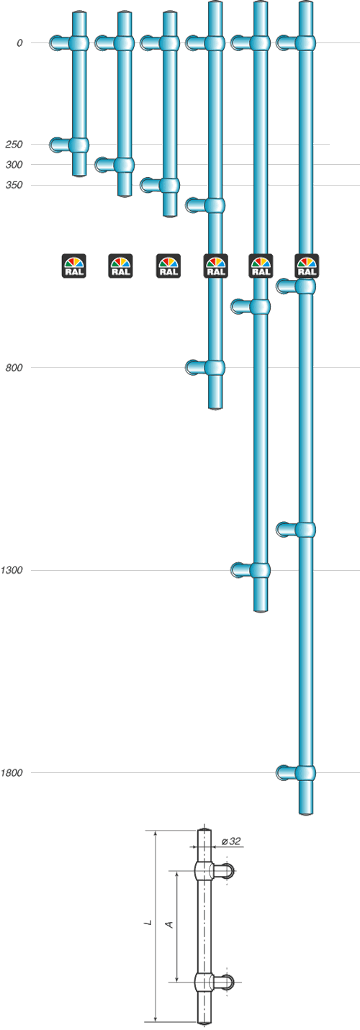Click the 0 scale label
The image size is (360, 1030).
19,43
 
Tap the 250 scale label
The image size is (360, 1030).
14,145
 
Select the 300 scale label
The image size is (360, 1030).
14,165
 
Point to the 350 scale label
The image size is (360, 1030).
14,185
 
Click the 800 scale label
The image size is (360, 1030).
14,367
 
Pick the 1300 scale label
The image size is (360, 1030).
12,570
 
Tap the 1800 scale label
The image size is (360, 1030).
12,772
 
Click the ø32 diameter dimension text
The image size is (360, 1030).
231,841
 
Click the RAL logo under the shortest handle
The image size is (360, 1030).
74,266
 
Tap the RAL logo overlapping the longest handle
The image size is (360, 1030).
307,266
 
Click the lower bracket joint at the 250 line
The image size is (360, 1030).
78,145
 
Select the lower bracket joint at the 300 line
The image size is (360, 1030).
124,165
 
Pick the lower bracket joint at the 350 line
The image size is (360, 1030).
170,185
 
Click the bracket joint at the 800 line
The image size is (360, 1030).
215,367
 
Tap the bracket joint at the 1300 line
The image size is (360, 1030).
260,570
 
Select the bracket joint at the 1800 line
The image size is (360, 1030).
306,773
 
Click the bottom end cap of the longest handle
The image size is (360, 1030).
306,813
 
